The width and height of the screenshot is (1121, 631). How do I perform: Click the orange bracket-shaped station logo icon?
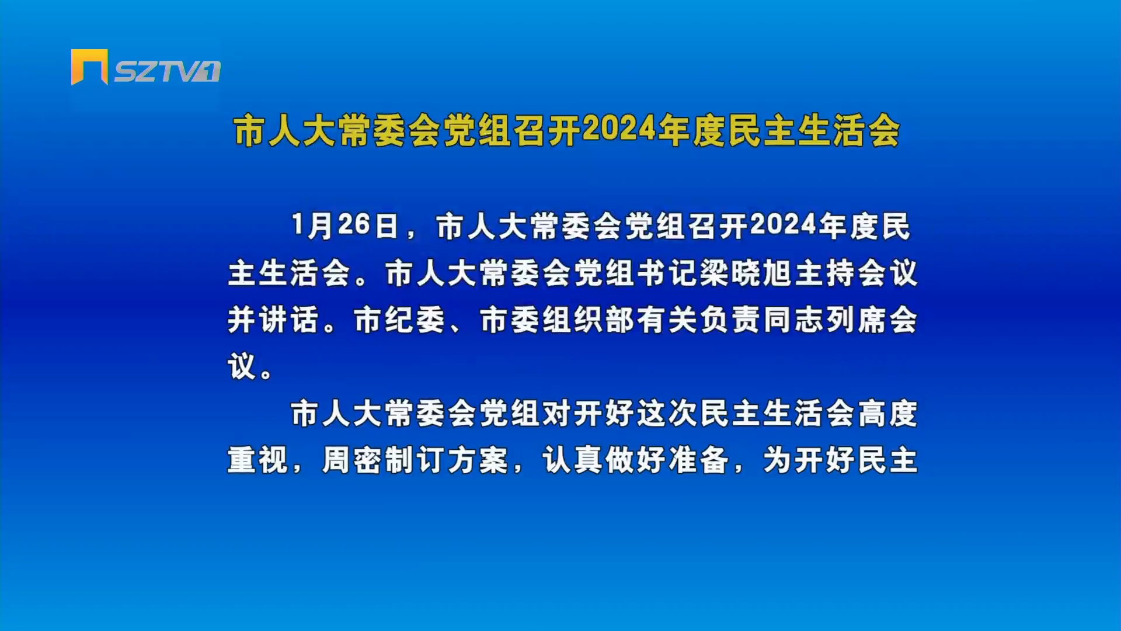(89, 67)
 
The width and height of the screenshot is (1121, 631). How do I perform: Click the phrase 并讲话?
(273, 320)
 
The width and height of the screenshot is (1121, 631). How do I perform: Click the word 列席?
(855, 320)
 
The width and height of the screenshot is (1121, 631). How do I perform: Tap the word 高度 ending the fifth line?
(887, 413)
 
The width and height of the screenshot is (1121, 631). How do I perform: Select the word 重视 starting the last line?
(257, 460)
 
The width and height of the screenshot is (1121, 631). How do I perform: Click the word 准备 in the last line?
(698, 460)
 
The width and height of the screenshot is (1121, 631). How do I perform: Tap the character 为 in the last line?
(778, 460)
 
